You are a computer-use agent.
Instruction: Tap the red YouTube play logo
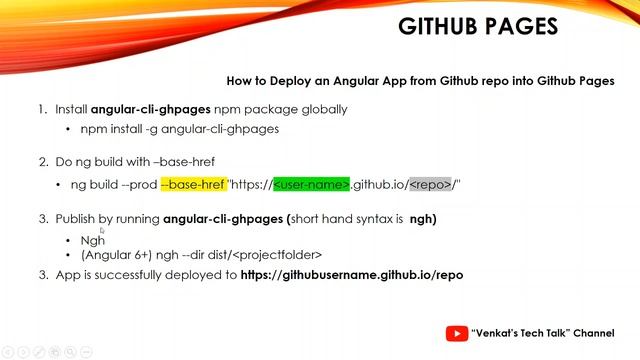[x=457, y=334]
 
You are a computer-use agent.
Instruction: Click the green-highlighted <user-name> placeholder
[x=311, y=184]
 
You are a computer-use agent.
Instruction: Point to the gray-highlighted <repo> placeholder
[x=431, y=184]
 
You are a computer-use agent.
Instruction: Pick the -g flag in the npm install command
[x=159, y=129]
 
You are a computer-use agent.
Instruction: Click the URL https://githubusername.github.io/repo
[x=352, y=274]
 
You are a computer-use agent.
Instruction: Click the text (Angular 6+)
[x=118, y=256]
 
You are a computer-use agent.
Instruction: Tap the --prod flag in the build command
[x=138, y=184]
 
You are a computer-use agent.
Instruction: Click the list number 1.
[x=42, y=109]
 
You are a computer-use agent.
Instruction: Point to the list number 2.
[x=42, y=161]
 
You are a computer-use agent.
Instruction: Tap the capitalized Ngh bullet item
[x=92, y=240]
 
